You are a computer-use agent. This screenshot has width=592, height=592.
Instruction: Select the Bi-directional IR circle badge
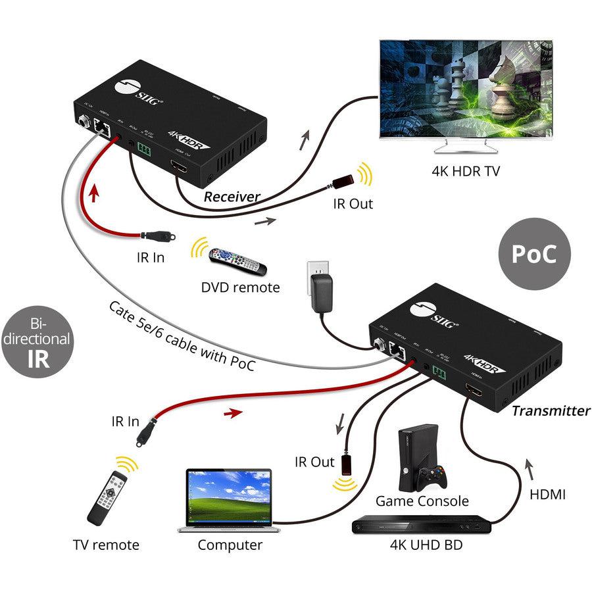tap(36, 339)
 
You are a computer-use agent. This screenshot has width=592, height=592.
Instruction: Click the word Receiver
tap(232, 197)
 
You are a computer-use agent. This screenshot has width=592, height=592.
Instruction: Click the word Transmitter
tap(551, 411)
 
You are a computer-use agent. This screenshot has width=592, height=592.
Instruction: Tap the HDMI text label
tap(547, 494)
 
